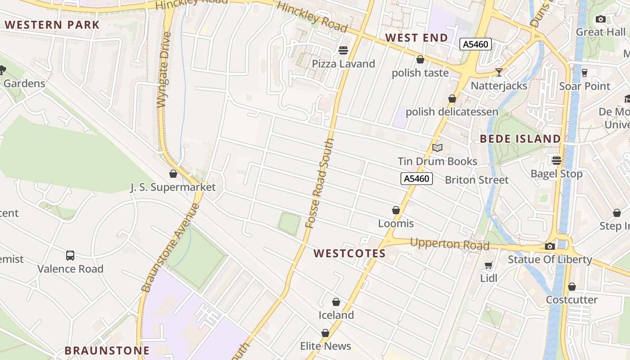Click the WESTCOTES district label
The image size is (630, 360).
pos(350,253)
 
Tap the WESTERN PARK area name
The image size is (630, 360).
pos(52,25)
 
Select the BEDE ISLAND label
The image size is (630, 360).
pos(520,139)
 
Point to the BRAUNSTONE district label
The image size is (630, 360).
pos(107,350)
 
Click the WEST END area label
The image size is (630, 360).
pos(417,38)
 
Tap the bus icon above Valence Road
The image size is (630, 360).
pos(70,256)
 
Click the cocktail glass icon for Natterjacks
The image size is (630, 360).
pos(499,72)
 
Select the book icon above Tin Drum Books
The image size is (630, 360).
pos(437,148)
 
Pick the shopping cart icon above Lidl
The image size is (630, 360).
pos(489,265)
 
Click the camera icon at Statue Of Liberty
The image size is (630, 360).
pos(549,246)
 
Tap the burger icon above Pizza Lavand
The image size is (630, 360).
pos(343,50)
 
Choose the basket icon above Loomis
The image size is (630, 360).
pos(396,210)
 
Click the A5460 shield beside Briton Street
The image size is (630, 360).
pos(416,179)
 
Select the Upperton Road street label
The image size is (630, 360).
pos(450,244)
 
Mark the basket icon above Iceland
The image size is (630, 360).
pos(336,302)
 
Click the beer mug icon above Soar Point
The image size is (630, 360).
pos(584,72)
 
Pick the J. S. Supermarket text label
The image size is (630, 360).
pos(173,187)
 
